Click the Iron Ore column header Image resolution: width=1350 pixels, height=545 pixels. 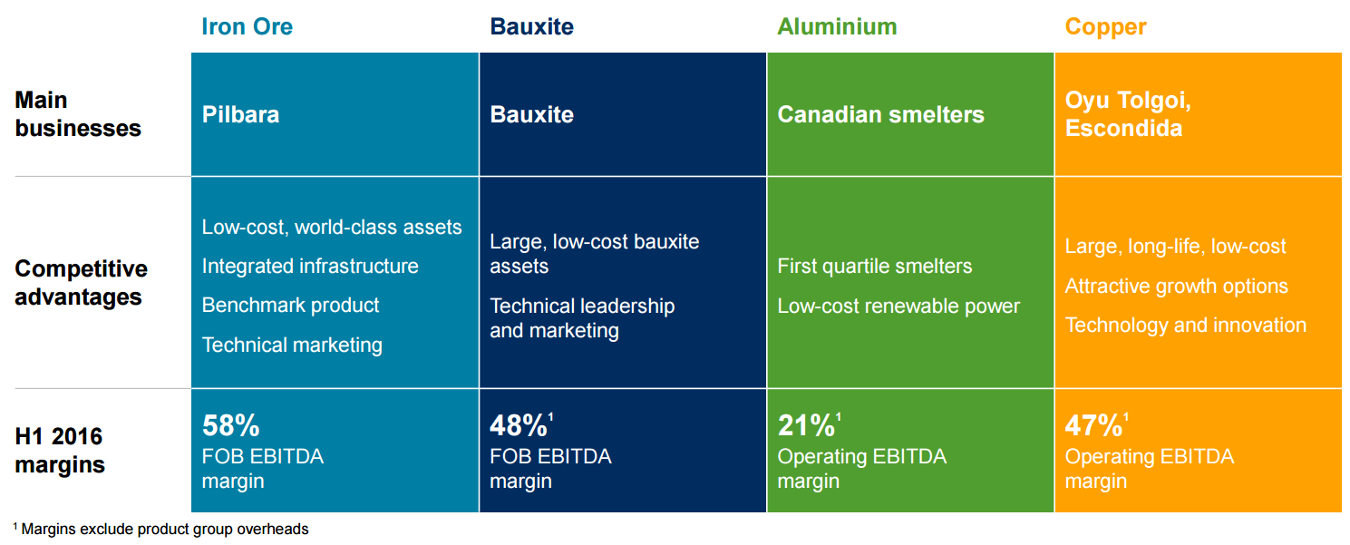tap(247, 26)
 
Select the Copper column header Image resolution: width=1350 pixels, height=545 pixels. tap(1105, 27)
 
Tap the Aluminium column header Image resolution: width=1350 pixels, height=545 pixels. tap(837, 26)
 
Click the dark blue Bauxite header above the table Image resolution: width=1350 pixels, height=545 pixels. tap(531, 26)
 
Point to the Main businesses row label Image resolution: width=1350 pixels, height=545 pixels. tap(78, 114)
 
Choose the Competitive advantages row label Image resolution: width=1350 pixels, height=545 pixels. tap(81, 283)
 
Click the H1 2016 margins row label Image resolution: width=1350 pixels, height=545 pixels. tap(60, 451)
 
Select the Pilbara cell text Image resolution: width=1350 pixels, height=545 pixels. tap(240, 115)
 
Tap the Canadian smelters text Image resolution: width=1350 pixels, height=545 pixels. tap(880, 115)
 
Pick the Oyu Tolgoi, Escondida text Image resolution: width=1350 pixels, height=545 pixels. tap(1128, 114)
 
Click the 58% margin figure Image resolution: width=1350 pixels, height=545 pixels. tap(231, 425)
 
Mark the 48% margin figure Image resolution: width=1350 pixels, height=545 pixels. tap(519, 425)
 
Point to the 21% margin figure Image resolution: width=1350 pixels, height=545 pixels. tap(806, 425)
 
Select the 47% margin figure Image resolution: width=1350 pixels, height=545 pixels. tap(1093, 425)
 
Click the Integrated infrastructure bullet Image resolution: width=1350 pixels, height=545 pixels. tap(310, 267)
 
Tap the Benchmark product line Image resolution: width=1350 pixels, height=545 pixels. tap(290, 306)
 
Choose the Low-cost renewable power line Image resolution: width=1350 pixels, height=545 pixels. tap(898, 307)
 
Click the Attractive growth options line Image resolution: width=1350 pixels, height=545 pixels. tap(1176, 287)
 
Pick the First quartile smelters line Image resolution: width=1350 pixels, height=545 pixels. tap(875, 267)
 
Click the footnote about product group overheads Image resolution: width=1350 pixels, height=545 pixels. tap(163, 530)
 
